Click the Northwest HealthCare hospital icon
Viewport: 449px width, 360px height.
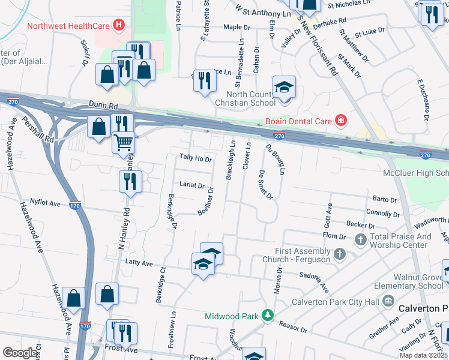point(119,26)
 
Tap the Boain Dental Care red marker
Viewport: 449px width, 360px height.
point(341,121)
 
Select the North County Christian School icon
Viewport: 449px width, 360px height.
point(284,87)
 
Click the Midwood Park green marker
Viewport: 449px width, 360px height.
point(264,316)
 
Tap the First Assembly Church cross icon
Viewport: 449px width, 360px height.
point(339,254)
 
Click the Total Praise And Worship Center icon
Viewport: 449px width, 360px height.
point(360,241)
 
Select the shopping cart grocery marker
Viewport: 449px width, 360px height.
point(123,143)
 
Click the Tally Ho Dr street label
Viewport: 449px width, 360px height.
point(196,158)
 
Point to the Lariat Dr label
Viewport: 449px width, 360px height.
point(192,185)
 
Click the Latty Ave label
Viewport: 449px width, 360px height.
point(139,263)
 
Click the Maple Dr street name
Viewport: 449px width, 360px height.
point(236,27)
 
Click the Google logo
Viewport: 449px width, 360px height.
point(20,353)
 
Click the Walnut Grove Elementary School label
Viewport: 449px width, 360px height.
point(418,282)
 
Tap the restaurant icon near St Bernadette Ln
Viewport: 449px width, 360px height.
point(205,80)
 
